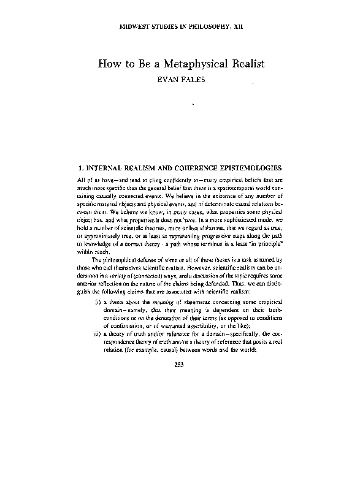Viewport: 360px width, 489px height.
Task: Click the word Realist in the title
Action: coord(243,64)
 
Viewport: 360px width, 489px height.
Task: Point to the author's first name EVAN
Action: coord(161,80)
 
